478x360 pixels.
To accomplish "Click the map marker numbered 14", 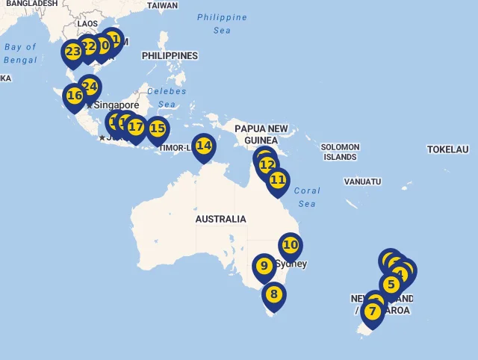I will (x=203, y=146).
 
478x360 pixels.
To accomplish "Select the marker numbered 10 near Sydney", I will (x=291, y=245).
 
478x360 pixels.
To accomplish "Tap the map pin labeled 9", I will (x=264, y=266).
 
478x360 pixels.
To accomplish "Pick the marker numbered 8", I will (x=274, y=294).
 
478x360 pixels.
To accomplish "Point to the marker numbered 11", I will (x=278, y=180).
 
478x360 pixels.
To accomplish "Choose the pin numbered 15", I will (x=158, y=128).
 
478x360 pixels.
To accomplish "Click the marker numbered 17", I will (x=136, y=127).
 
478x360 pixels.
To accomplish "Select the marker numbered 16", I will (x=74, y=96).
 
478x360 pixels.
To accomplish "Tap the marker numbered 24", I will (x=90, y=87).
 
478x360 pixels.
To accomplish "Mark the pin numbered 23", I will (x=72, y=52).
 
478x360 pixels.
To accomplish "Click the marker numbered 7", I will (x=372, y=311).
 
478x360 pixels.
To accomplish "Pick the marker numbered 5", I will (x=391, y=285).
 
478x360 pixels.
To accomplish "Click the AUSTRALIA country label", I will (x=220, y=220).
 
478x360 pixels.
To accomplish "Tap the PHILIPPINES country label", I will (x=170, y=56).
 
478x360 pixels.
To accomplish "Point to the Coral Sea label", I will (x=307, y=197).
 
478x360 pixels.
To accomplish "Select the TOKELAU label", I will (x=447, y=149).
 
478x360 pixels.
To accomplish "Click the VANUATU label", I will (x=362, y=181).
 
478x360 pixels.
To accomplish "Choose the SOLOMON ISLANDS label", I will (x=340, y=152).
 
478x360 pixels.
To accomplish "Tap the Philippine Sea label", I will (x=222, y=24).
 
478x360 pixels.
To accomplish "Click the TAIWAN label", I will (x=162, y=5).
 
